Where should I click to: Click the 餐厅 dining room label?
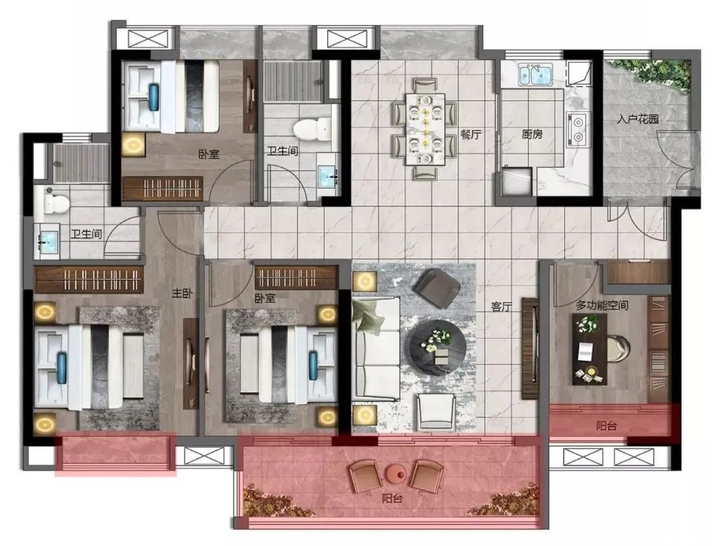[471, 135]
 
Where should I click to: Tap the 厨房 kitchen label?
[532, 135]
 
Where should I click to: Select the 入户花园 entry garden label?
[638, 119]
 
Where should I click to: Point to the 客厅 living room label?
[501, 307]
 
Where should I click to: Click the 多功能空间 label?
[602, 305]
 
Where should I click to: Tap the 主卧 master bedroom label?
[182, 293]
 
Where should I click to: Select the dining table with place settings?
[425, 129]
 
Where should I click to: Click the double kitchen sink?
[535, 75]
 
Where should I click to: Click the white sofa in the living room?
[376, 348]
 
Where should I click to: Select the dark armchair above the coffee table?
[436, 288]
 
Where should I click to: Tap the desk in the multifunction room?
[590, 349]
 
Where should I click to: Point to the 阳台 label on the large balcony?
[392, 499]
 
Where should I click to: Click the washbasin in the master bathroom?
[48, 239]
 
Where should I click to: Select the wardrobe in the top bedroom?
[162, 189]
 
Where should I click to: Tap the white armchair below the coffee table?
[436, 412]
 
